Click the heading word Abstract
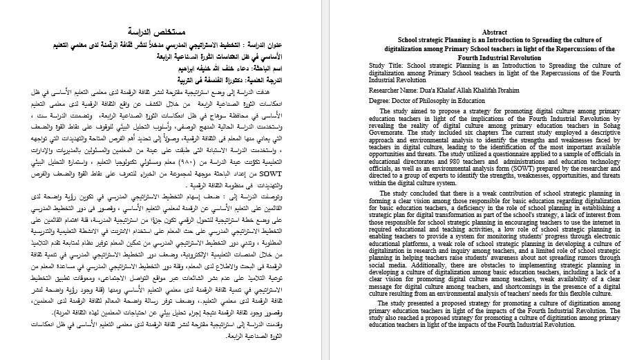click(x=494, y=32)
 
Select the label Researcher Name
click(x=394, y=91)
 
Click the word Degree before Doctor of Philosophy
click(x=381, y=101)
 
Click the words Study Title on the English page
click(x=387, y=66)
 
